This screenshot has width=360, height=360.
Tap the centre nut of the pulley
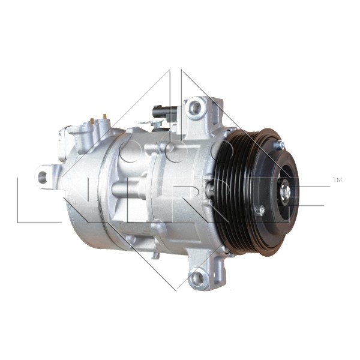[x=286, y=192]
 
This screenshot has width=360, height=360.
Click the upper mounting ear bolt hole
[x=195, y=108]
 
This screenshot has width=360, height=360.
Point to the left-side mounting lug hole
[x=42, y=176]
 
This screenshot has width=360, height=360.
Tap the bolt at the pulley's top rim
[x=280, y=145]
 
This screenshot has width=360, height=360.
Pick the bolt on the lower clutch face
[x=260, y=210]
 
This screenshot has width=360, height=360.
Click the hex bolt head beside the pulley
[x=211, y=188]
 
